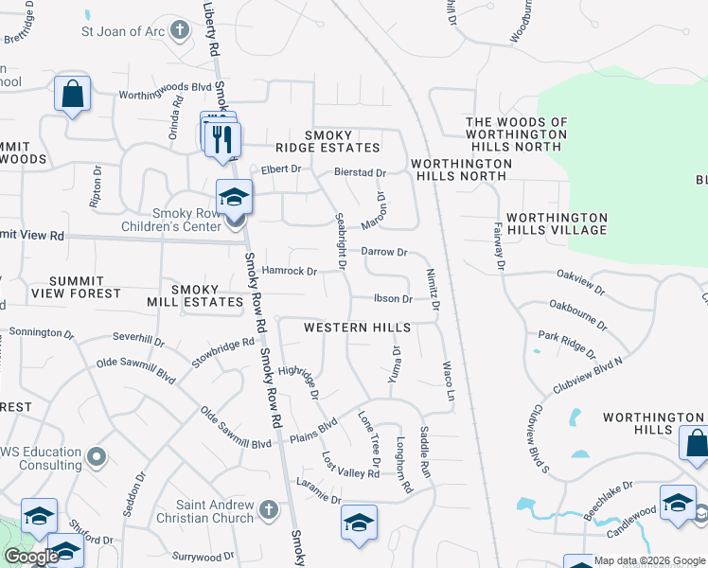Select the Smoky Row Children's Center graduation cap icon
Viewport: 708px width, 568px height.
[x=234, y=197]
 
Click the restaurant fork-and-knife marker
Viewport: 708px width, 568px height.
[x=222, y=139]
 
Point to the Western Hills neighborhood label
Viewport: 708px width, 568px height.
[x=357, y=328]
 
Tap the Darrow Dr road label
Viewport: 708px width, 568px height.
[x=383, y=253]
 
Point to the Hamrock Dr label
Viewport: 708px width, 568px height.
[x=289, y=272]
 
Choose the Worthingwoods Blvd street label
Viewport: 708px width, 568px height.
[x=164, y=96]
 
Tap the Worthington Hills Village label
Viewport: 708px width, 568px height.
[x=557, y=223]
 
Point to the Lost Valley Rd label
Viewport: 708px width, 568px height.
[x=350, y=464]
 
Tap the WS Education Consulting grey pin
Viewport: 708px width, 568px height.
[x=96, y=458]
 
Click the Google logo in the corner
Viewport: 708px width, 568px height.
[x=31, y=557]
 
